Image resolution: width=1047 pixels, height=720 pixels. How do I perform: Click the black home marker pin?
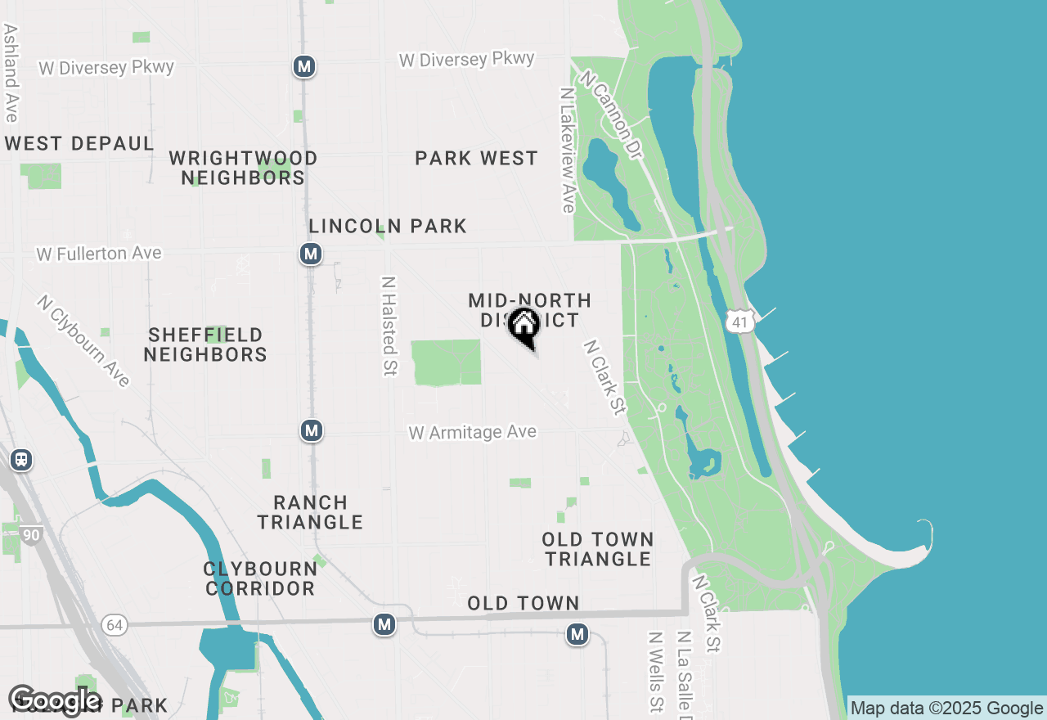(x=523, y=326)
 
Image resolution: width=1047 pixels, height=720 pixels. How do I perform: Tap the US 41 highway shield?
(x=739, y=322)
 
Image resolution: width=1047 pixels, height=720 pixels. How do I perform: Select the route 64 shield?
(x=115, y=625)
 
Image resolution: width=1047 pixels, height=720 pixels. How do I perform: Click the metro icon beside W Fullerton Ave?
(x=310, y=254)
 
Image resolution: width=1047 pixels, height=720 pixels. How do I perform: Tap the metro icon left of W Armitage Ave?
(x=311, y=430)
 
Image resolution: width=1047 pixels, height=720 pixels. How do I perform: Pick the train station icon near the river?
(x=21, y=460)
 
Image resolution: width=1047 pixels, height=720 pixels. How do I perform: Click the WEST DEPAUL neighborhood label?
(x=79, y=144)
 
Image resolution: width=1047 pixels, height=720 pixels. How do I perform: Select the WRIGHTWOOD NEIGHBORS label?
(x=243, y=168)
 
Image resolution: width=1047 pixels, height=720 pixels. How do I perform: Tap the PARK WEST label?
(x=476, y=158)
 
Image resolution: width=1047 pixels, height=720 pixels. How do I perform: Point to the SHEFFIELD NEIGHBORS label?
(x=205, y=344)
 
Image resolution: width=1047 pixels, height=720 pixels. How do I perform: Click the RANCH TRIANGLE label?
(x=310, y=512)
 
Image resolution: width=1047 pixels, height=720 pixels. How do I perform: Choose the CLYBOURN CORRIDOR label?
(x=260, y=578)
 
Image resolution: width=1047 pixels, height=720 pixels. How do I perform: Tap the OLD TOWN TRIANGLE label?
(x=598, y=549)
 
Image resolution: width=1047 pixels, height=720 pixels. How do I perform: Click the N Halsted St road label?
(x=389, y=325)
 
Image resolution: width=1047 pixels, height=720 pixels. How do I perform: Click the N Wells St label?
(x=655, y=671)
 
